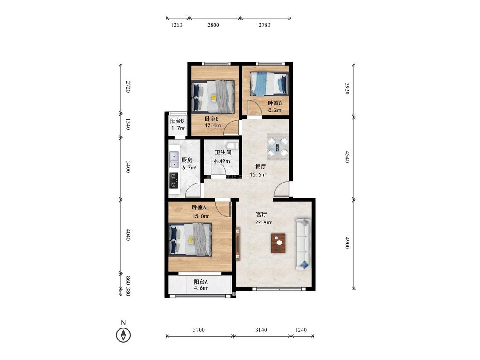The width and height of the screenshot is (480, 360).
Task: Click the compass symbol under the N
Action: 123,335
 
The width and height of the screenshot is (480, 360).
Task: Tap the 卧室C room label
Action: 275,103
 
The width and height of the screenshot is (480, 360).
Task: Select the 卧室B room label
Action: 212,119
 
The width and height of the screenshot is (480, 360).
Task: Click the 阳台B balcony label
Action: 177,121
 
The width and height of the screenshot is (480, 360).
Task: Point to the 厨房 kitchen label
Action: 187,160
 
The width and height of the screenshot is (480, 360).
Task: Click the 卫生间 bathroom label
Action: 223,152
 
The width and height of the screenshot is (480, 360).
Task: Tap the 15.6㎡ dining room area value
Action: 258,175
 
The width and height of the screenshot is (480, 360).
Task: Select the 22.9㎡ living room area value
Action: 263,222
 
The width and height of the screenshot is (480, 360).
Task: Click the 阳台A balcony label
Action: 201,282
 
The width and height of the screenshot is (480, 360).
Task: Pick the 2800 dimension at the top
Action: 213,25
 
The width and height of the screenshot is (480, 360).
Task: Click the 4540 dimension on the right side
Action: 347,157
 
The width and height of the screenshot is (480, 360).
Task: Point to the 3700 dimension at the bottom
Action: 199,330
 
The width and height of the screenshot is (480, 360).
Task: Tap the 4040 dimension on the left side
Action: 128,235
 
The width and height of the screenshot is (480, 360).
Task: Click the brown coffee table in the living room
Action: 278,243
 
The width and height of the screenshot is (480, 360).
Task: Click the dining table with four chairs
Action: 278,146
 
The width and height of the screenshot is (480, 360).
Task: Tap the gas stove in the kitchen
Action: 174,180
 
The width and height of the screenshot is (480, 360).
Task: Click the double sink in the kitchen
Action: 174,160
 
